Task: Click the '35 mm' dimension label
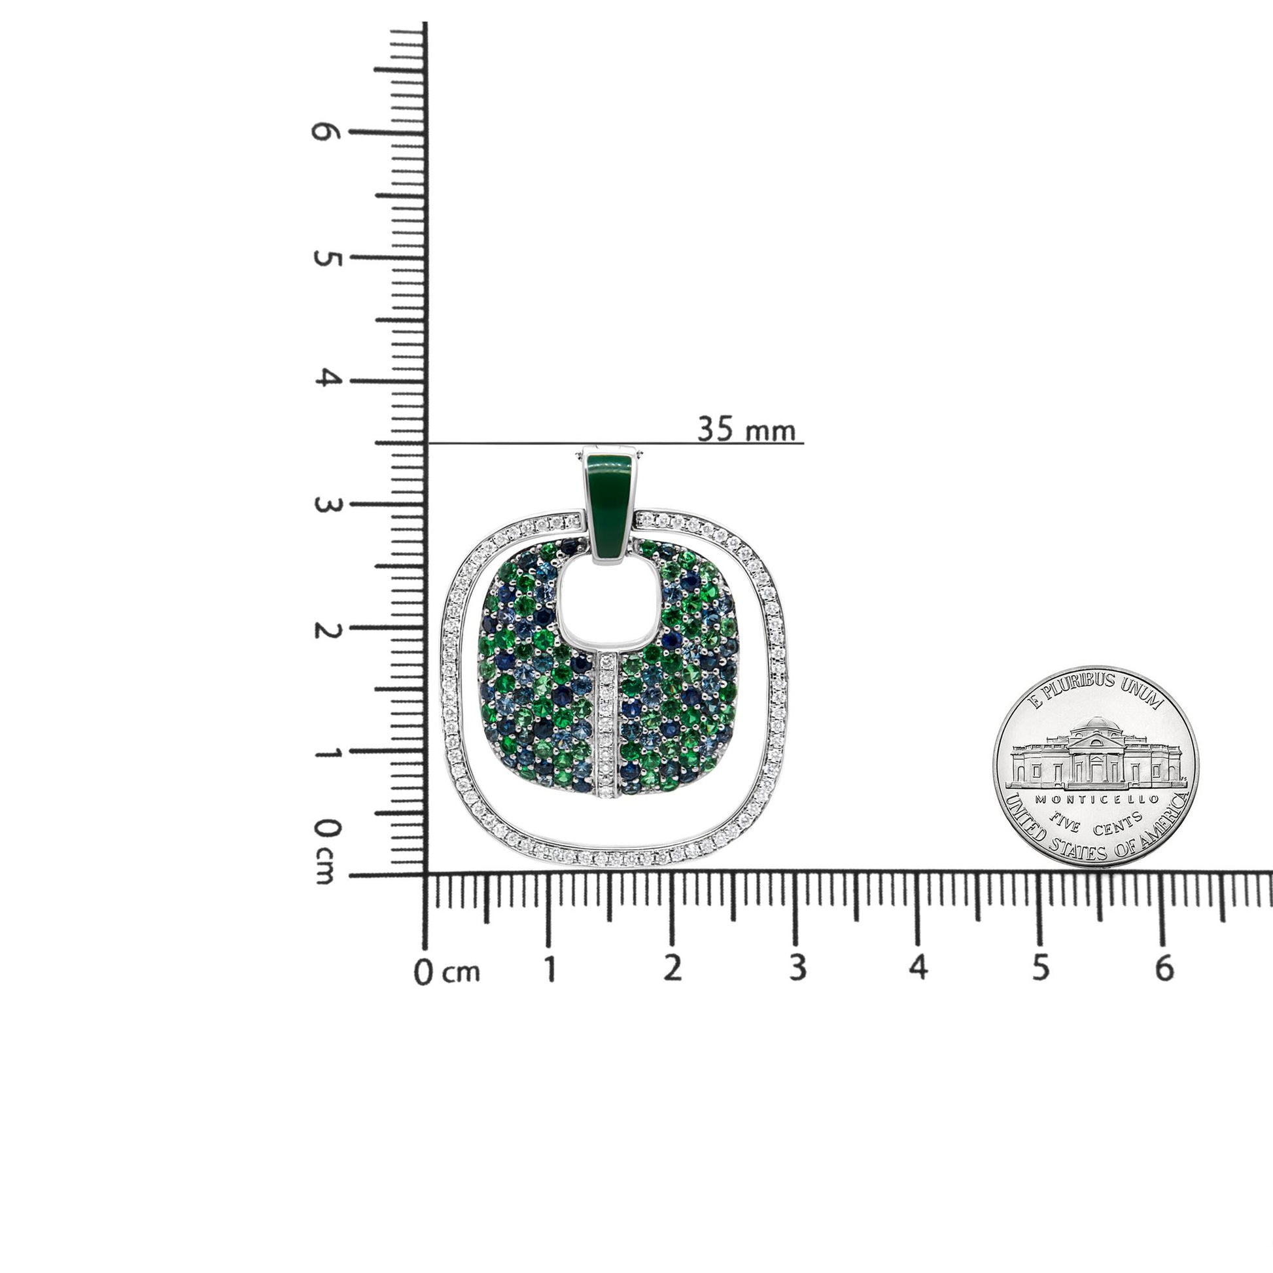click(746, 430)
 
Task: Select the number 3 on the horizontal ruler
click(797, 968)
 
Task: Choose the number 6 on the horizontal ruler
click(1164, 968)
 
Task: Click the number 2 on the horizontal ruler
click(671, 968)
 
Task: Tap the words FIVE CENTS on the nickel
click(1096, 821)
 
